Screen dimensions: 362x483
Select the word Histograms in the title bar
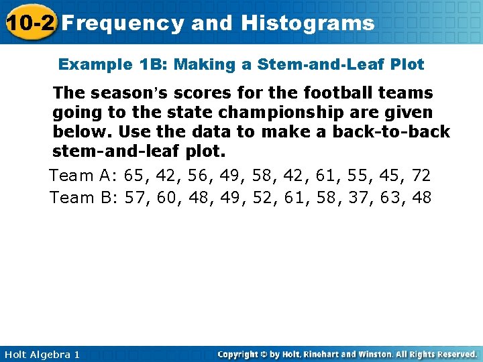coord(308,23)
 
